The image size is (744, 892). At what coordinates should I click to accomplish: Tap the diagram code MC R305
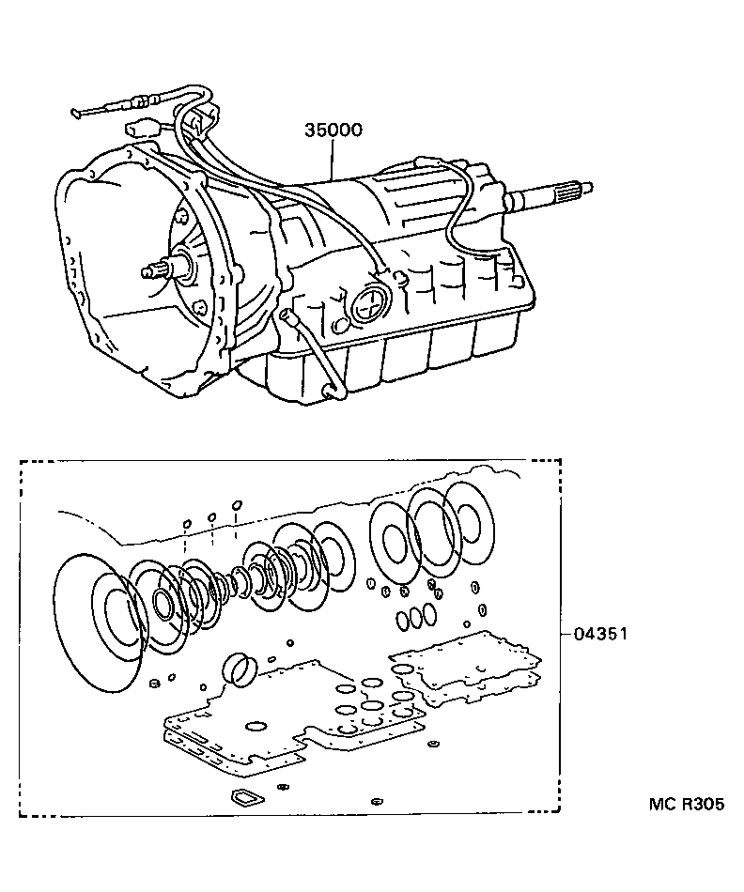pyautogui.click(x=687, y=805)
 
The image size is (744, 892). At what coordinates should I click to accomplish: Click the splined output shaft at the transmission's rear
pyautogui.click(x=554, y=193)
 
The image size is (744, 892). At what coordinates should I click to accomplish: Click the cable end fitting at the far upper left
pyautogui.click(x=80, y=115)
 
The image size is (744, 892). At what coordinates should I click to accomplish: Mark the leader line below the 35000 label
pyautogui.click(x=332, y=161)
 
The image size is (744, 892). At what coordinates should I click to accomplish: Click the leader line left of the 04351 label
pyautogui.click(x=565, y=634)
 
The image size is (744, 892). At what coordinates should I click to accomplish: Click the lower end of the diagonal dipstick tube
pyautogui.click(x=330, y=389)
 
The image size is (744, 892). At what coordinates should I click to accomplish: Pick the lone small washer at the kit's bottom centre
pyautogui.click(x=376, y=801)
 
